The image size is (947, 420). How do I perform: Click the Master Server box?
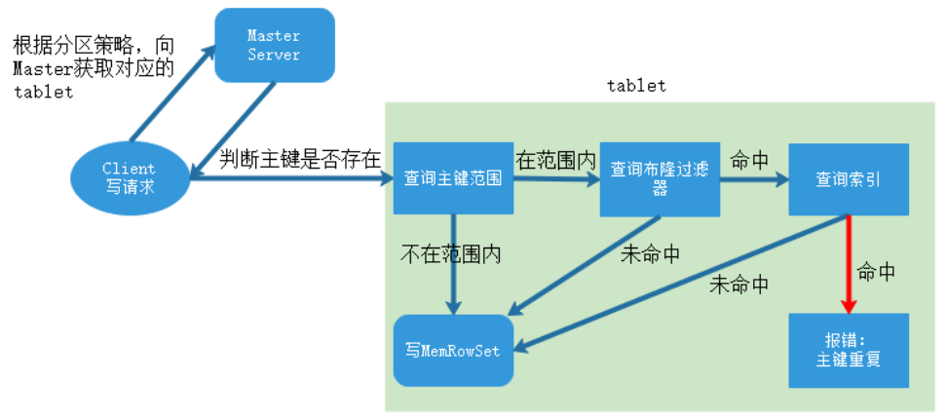point(273,45)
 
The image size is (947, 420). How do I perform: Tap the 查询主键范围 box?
point(453,179)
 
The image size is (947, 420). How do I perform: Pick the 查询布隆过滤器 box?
point(660,179)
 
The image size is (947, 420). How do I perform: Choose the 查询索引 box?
point(848,179)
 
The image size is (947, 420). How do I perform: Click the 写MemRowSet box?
point(452,349)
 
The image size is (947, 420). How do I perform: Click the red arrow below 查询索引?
point(848,263)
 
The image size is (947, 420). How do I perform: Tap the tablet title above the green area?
point(636,86)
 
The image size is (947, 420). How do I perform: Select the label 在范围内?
point(554,159)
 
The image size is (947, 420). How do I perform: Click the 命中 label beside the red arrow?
point(876,273)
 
